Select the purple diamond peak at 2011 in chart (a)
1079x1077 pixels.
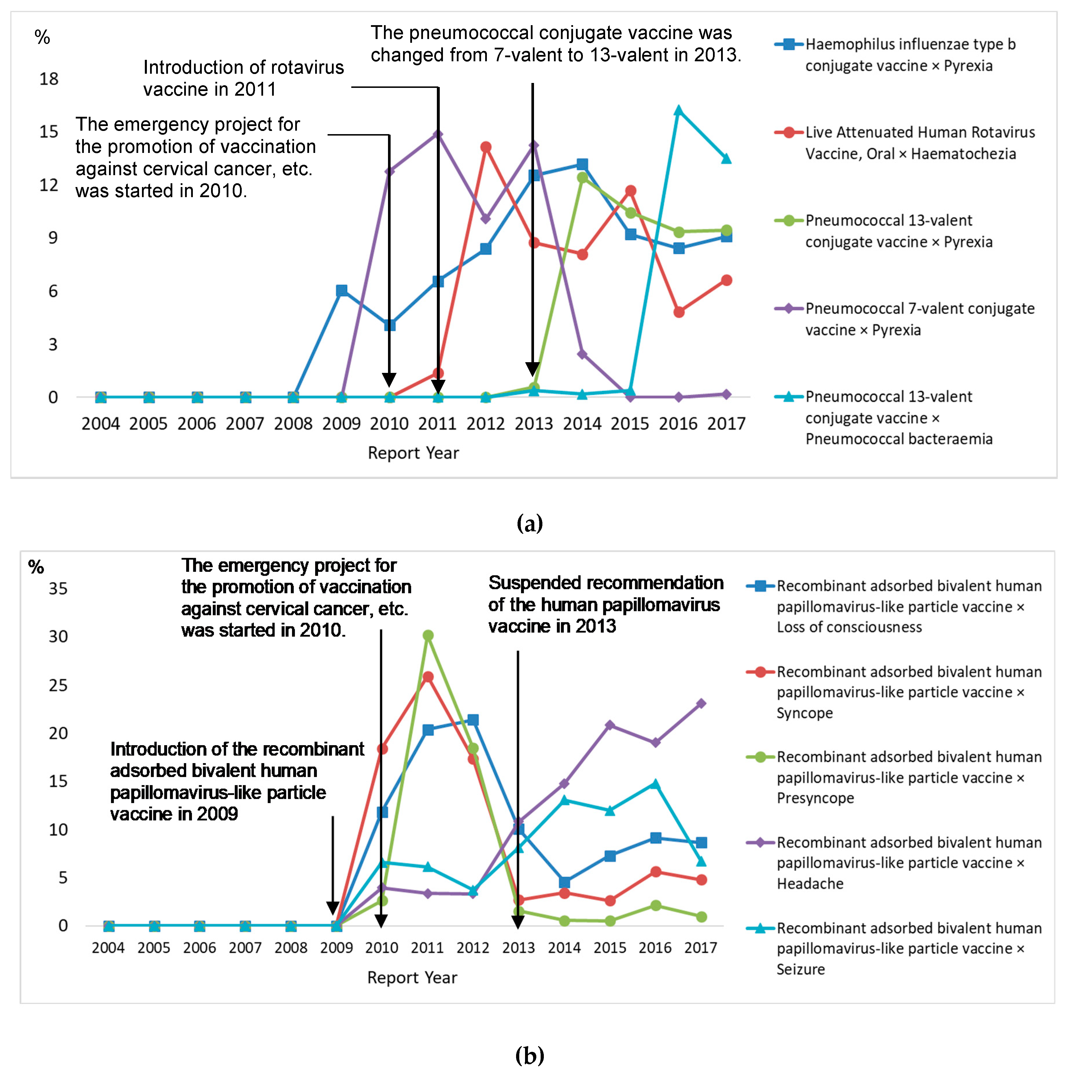(x=438, y=135)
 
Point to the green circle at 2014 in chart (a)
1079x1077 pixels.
(x=582, y=177)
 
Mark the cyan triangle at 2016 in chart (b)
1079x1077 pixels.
(x=656, y=784)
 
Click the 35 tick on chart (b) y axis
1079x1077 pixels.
(x=58, y=589)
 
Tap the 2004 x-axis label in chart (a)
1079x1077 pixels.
(x=101, y=424)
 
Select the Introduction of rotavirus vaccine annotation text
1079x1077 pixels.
(x=243, y=78)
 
